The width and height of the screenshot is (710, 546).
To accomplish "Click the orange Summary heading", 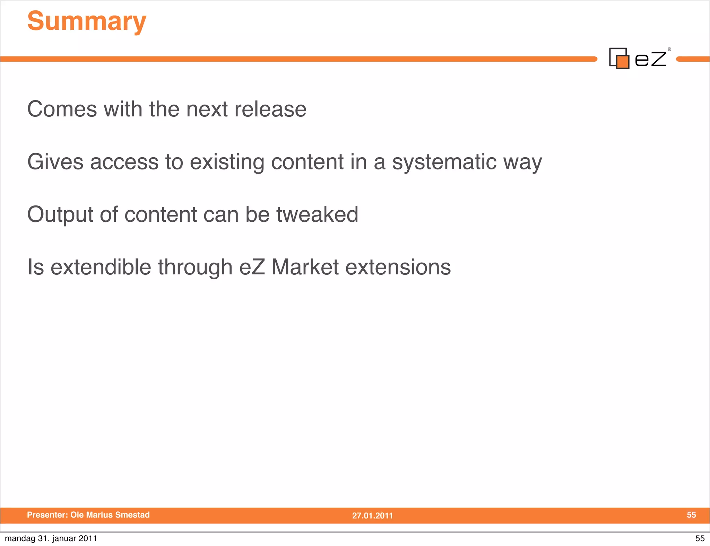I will pyautogui.click(x=87, y=21).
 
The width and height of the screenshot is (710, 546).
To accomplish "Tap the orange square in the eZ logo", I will pyautogui.click(x=623, y=62).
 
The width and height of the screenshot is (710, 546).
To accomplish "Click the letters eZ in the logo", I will pyautogui.click(x=650, y=59).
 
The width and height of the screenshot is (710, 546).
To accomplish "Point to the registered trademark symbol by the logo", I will pyautogui.click(x=669, y=50).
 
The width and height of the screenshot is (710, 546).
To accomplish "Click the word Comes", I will pyautogui.click(x=62, y=109).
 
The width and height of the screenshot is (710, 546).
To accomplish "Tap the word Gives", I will pyautogui.click(x=55, y=162).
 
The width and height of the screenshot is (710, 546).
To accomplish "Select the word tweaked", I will pyautogui.click(x=317, y=214).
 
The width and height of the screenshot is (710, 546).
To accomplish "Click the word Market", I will pyautogui.click(x=305, y=267).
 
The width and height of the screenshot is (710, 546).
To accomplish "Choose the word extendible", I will pyautogui.click(x=101, y=267).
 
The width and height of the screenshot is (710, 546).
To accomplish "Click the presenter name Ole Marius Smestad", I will pyautogui.click(x=110, y=515).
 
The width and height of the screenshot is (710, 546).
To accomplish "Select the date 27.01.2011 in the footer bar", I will pyautogui.click(x=372, y=516).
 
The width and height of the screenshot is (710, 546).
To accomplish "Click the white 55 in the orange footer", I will pyautogui.click(x=691, y=515).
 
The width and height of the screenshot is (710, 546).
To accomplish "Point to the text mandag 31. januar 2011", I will pyautogui.click(x=51, y=538).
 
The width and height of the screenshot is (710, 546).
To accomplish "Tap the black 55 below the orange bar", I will pyautogui.click(x=700, y=538).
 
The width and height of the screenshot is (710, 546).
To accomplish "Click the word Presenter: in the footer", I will pyautogui.click(x=47, y=515).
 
